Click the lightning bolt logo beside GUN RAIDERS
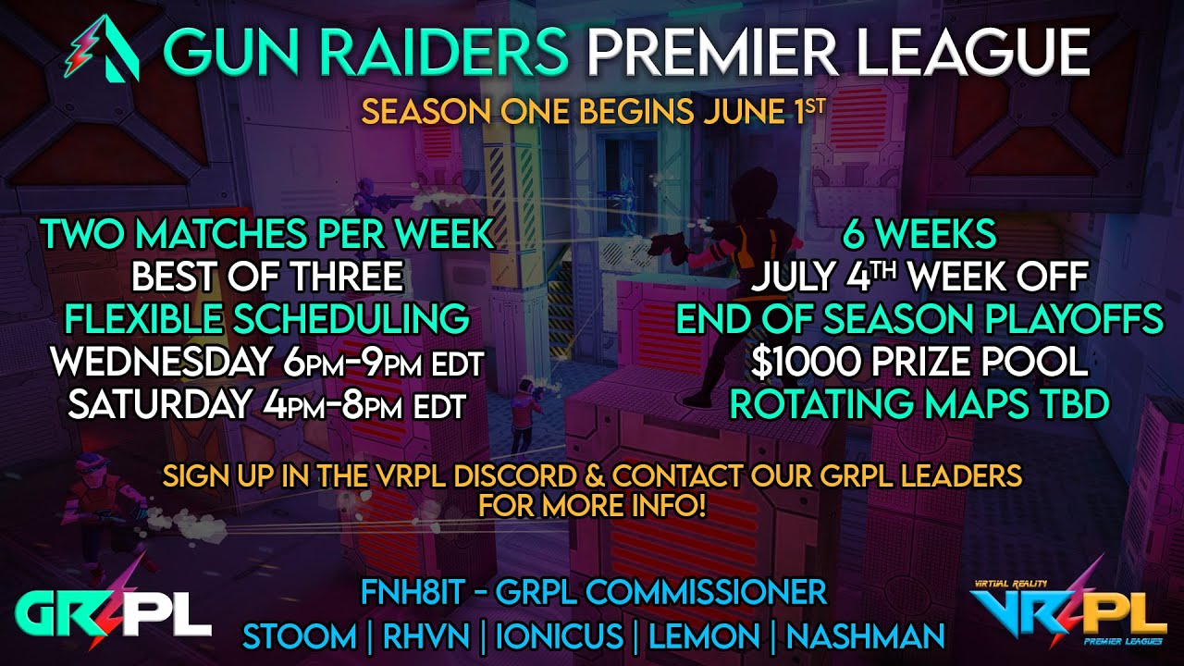pos(102,52)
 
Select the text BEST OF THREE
pos(267,277)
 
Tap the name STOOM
pos(299,636)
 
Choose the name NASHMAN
pos(865,636)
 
